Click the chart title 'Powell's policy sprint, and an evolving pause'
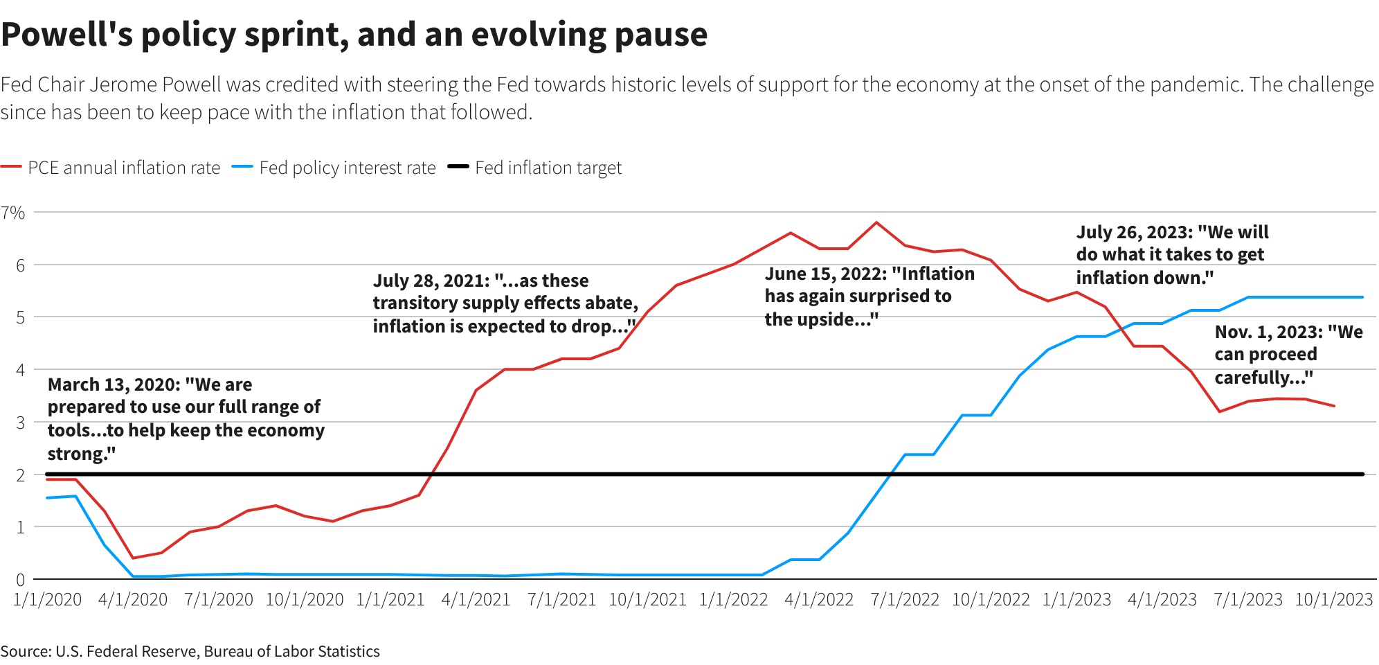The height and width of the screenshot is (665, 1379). point(354,35)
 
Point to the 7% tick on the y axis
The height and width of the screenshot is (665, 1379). point(13,213)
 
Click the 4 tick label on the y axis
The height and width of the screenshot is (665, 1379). point(20,370)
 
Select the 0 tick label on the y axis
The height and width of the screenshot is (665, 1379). point(20,580)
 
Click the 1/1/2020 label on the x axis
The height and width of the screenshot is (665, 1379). point(47,600)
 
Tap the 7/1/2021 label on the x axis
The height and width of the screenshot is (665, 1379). point(561,600)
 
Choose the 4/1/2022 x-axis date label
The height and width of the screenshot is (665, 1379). point(819,600)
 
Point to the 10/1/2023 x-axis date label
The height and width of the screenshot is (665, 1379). point(1333,600)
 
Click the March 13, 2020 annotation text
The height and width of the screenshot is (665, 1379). point(186,418)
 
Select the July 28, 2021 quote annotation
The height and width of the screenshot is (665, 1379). point(505,303)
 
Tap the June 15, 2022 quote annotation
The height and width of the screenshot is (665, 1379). point(869,296)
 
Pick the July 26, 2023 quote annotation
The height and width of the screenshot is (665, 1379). point(1171,255)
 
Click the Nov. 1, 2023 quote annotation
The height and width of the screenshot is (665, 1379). point(1288,355)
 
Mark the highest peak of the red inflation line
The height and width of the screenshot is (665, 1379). point(876,222)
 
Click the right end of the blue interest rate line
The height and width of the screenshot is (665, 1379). point(1362,297)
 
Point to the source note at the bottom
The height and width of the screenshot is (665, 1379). point(190,651)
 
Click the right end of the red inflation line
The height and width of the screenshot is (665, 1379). point(1334,406)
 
